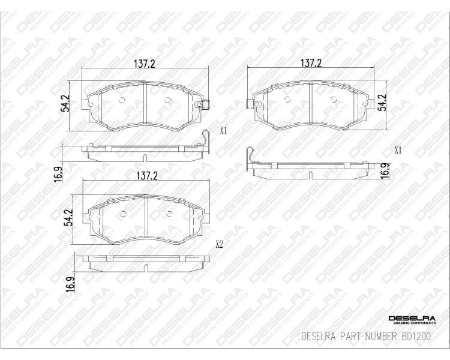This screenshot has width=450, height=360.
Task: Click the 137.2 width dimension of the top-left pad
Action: pyautogui.click(x=145, y=64)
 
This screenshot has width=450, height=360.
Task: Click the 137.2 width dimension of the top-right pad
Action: pyautogui.click(x=311, y=63)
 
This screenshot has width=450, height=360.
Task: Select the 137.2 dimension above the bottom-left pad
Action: pyautogui.click(x=147, y=175)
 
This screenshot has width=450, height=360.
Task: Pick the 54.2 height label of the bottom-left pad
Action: pyautogui.click(x=69, y=218)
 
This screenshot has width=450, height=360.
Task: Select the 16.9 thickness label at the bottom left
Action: pyautogui.click(x=70, y=284)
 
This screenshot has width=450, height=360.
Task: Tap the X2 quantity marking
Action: pyautogui.click(x=219, y=244)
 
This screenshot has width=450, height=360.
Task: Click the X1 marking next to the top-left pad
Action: pyautogui.click(x=223, y=131)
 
